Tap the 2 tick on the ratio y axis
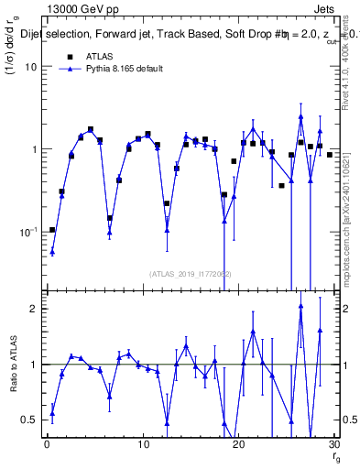[33, 309]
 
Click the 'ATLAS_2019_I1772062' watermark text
[190, 273]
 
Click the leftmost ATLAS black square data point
[52, 230]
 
